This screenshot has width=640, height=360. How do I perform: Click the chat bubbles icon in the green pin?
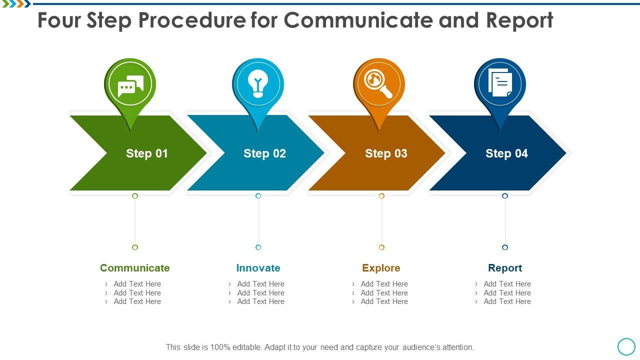[x=130, y=86]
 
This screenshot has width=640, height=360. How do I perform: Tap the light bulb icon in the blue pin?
[x=258, y=83]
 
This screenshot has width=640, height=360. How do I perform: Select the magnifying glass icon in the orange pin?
[x=378, y=83]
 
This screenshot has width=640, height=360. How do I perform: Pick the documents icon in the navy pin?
[x=500, y=83]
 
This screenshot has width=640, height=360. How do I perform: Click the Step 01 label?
[x=147, y=153]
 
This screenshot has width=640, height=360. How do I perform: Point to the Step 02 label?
[x=264, y=153]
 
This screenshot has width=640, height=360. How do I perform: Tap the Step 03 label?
[x=386, y=153]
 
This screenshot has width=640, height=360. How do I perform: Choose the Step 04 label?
[x=506, y=153]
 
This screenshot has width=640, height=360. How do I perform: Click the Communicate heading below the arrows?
[x=135, y=268]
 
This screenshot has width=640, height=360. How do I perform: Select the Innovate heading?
[x=258, y=268]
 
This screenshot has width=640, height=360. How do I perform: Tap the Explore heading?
[x=381, y=268]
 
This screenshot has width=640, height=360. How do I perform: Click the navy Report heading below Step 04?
[x=505, y=268]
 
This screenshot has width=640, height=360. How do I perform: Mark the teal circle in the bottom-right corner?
[x=626, y=346]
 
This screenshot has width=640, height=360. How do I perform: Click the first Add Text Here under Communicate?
[x=137, y=284]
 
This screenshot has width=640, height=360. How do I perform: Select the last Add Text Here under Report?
[x=507, y=301]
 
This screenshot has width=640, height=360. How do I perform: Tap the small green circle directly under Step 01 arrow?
[x=135, y=196]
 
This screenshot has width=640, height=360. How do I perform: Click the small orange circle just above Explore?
[x=381, y=247]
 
